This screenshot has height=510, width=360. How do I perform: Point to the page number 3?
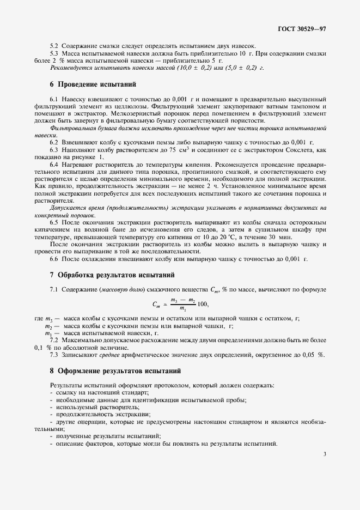324,454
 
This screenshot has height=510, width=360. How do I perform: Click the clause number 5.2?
54,45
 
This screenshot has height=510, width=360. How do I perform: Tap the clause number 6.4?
54,164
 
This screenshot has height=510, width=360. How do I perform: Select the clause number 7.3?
54,355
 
